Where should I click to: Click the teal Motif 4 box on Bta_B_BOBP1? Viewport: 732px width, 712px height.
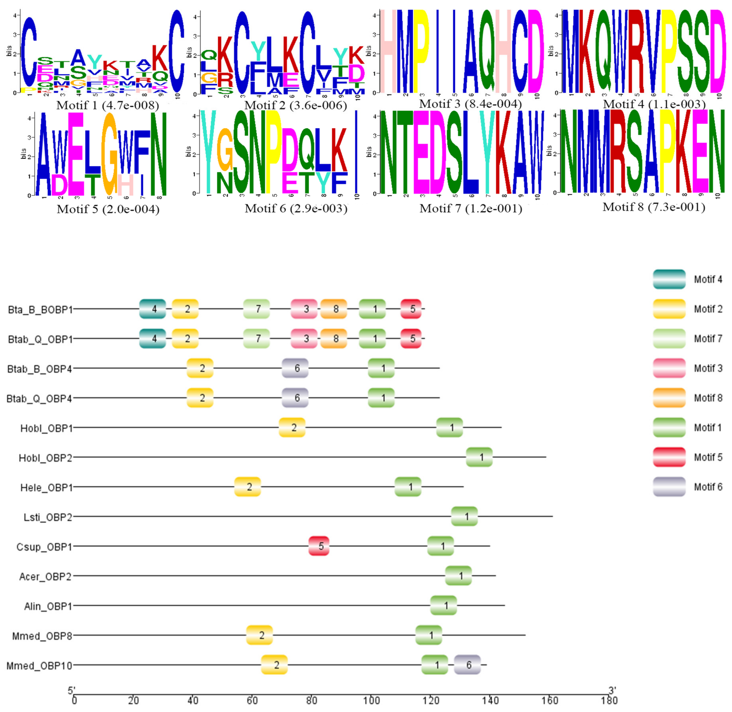[x=152, y=309]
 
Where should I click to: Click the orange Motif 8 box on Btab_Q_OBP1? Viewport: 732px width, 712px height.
[x=334, y=338]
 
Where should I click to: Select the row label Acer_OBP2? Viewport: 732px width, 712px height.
[x=45, y=576]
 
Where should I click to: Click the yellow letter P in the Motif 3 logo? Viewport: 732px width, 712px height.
[x=421, y=50]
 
